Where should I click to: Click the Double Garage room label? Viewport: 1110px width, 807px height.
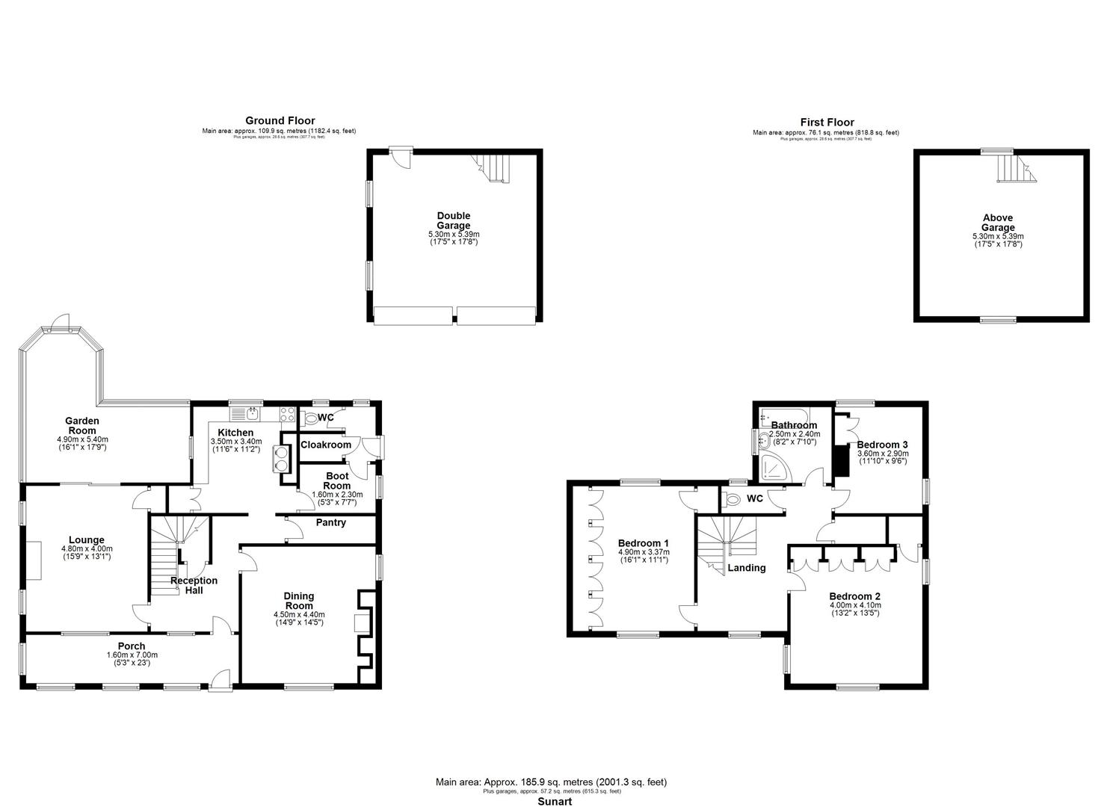(x=454, y=220)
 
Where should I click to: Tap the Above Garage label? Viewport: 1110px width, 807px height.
(x=998, y=223)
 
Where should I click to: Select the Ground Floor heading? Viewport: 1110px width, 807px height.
(x=280, y=120)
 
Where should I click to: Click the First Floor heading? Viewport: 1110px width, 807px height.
(x=827, y=123)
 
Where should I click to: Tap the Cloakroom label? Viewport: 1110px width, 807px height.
(x=325, y=445)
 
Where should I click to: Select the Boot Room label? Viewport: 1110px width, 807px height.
(x=337, y=480)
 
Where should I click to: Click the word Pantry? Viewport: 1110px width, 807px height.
(x=330, y=522)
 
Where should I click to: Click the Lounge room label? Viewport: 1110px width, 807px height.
(x=86, y=539)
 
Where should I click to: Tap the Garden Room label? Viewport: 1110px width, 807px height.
(x=82, y=426)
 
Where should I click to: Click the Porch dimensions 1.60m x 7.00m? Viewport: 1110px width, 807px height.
(x=132, y=655)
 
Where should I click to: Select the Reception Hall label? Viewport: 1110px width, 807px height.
(x=194, y=585)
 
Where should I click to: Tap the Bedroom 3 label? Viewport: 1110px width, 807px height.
(x=882, y=445)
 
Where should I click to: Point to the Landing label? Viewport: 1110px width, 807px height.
(x=747, y=568)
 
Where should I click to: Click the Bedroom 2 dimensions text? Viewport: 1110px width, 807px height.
(x=855, y=605)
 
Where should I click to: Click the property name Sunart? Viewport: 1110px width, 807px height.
(x=555, y=801)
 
